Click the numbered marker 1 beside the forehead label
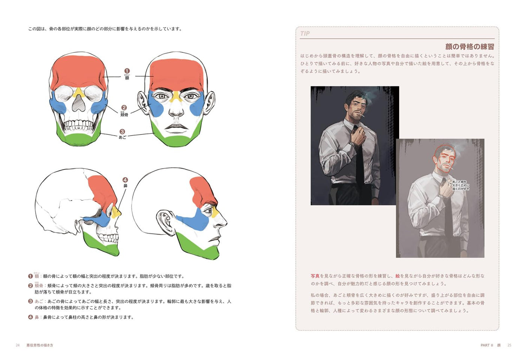pos(127,71)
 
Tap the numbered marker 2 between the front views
pos(124,108)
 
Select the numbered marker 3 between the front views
pos(122,131)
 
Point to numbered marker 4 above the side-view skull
pos(125,180)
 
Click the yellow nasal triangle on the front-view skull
pos(78,92)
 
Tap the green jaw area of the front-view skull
pos(78,137)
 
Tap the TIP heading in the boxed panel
pos(305,34)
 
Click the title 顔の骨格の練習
pos(469,47)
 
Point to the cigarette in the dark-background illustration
pos(362,115)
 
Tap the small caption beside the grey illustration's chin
pos(460,185)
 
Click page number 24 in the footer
pos(18,345)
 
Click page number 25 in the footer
pos(509,345)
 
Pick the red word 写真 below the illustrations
pos(315,276)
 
